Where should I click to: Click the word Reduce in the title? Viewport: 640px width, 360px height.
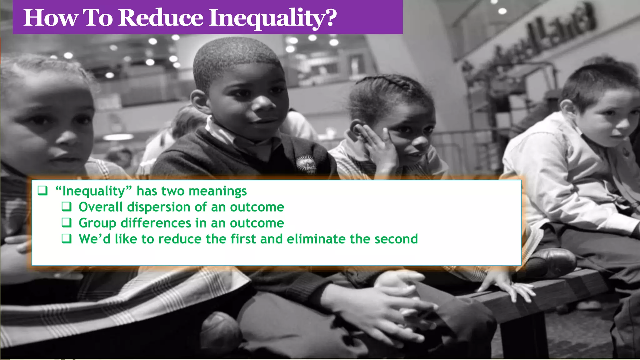(x=161, y=17)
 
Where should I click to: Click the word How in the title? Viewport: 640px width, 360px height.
(x=50, y=17)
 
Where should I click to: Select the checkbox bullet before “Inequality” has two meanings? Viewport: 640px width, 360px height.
(x=42, y=190)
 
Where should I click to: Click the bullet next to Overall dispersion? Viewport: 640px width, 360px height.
(x=66, y=207)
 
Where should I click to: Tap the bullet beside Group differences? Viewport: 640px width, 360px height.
(x=66, y=222)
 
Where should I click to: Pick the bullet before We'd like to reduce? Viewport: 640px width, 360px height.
(x=66, y=239)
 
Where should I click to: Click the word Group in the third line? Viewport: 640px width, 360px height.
(x=97, y=223)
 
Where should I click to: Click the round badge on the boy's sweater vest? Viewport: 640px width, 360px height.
(x=306, y=164)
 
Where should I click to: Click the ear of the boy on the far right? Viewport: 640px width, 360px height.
(x=566, y=109)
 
